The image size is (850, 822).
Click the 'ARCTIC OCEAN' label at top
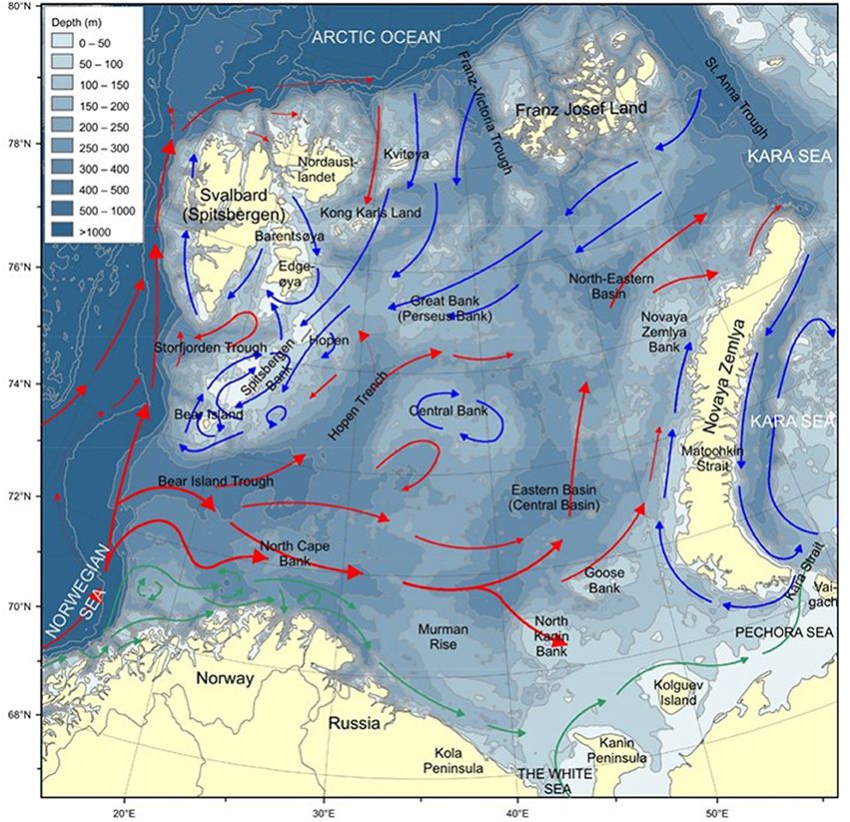pyautogui.click(x=375, y=37)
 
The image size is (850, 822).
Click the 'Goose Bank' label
pyautogui.click(x=604, y=581)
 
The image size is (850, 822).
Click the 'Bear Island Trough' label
pyautogui.click(x=216, y=481)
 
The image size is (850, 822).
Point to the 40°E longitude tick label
pyautogui.click(x=516, y=811)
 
